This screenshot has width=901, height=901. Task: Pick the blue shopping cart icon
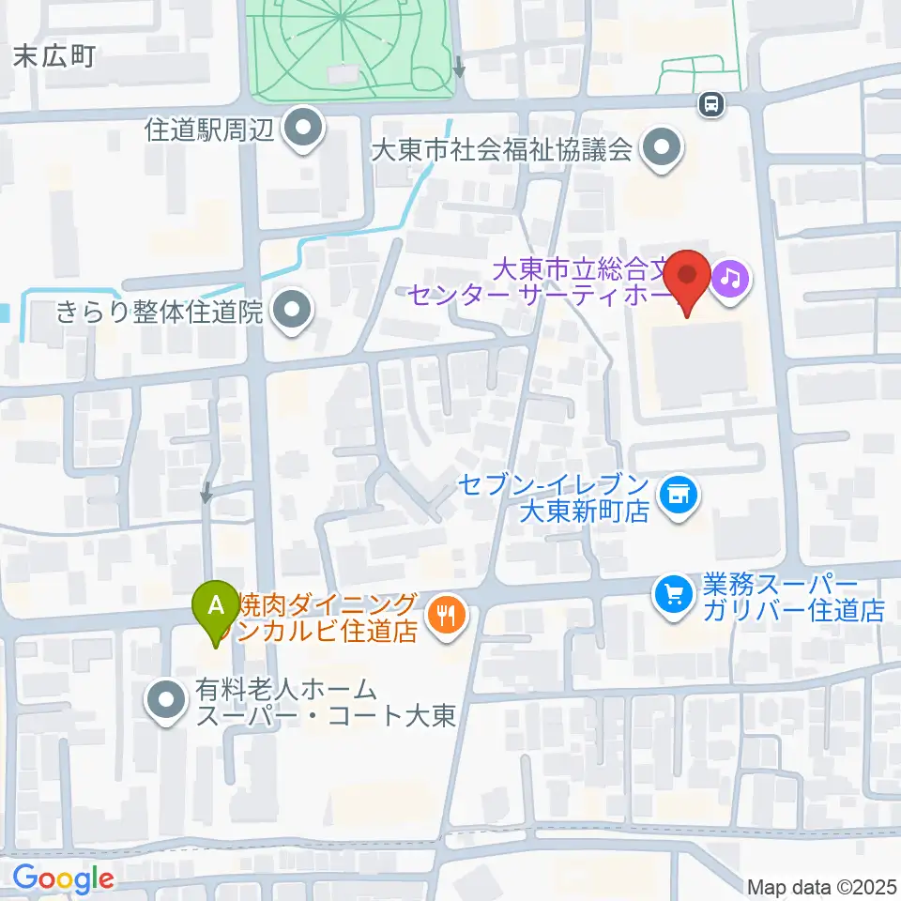click(673, 592)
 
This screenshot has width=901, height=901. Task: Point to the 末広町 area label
click(55, 57)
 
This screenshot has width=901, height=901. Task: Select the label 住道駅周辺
click(208, 130)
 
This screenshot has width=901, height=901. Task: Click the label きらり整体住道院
click(160, 313)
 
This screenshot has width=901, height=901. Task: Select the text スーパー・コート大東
click(326, 718)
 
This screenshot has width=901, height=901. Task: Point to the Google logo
click(63, 879)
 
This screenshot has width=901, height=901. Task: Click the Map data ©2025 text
click(822, 887)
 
